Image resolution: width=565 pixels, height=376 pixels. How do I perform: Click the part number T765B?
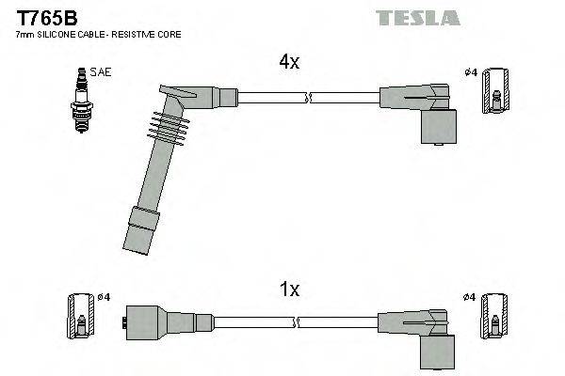tap(40, 17)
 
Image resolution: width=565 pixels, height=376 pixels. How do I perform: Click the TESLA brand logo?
tap(417, 18)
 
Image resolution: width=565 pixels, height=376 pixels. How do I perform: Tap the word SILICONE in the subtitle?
tap(56, 35)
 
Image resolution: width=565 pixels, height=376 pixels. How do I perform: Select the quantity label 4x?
tap(289, 63)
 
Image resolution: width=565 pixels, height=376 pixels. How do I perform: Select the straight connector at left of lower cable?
tap(156, 321)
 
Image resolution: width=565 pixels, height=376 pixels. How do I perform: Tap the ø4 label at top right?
tap(470, 72)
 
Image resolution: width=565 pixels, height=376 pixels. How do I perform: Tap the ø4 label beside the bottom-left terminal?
tap(104, 297)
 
